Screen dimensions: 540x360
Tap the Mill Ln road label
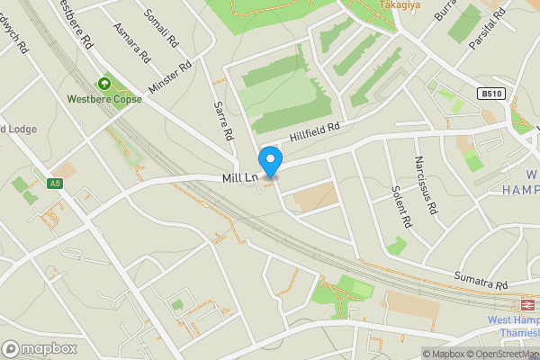[240, 179]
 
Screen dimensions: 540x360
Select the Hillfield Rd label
[316, 132]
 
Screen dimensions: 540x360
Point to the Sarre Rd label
[224, 121]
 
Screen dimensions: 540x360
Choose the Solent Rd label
[401, 207]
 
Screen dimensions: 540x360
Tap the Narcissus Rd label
[425, 184]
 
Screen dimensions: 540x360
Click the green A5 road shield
[55, 184]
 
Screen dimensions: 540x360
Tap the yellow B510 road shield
[490, 94]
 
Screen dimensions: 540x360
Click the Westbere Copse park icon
[103, 84]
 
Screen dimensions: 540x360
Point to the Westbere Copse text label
[103, 99]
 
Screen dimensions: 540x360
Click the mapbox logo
[39, 348]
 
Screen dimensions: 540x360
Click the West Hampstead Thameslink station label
[514, 326]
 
